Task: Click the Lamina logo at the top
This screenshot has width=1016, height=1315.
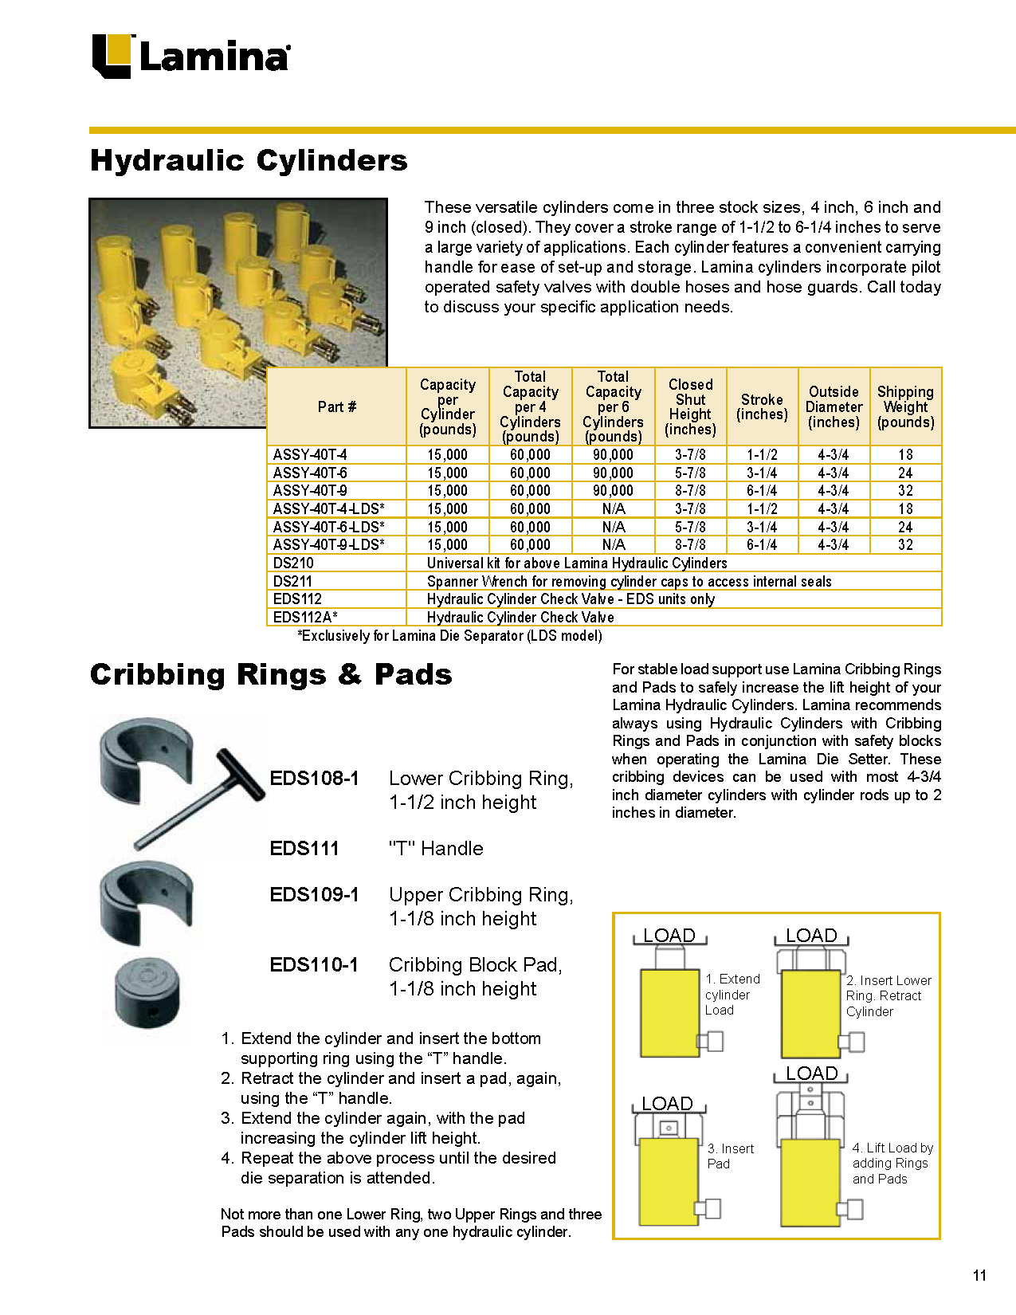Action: (190, 56)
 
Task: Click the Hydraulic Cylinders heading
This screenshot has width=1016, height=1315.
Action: (249, 160)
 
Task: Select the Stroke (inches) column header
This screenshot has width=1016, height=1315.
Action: (762, 406)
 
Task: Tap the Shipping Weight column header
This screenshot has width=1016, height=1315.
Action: (905, 406)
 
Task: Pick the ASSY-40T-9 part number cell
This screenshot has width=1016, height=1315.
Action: (310, 491)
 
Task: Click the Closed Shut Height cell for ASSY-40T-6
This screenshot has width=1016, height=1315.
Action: (690, 473)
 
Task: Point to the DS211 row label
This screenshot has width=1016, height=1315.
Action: (292, 582)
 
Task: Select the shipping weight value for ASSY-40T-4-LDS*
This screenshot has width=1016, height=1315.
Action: (905, 509)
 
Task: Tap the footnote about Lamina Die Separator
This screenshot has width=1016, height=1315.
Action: (449, 636)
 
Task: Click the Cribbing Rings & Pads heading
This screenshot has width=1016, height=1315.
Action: (271, 674)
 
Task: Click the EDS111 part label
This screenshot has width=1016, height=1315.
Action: (304, 849)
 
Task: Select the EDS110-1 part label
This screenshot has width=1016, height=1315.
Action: (314, 965)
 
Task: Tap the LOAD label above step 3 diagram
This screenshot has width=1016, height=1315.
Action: (667, 1104)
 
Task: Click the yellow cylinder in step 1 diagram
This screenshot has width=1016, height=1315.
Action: (669, 1012)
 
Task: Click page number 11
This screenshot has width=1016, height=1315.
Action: (979, 1276)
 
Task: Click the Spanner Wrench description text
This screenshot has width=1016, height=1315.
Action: (629, 582)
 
